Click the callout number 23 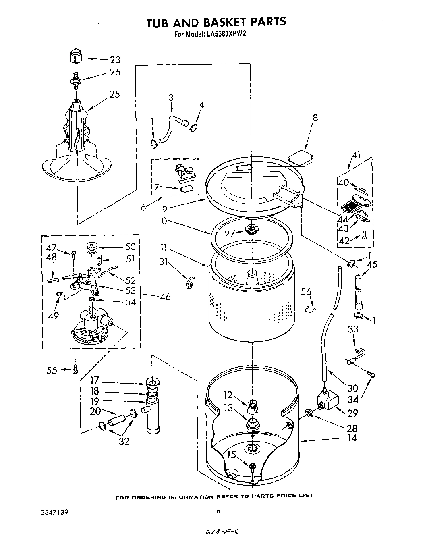pyautogui.click(x=115, y=60)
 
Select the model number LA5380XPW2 pyautogui.click(x=226, y=35)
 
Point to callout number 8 pyautogui.click(x=315, y=118)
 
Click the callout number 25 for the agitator pyautogui.click(x=115, y=94)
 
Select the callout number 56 pyautogui.click(x=307, y=292)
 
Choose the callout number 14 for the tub pyautogui.click(x=352, y=438)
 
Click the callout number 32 pyautogui.click(x=124, y=441)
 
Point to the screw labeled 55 pyautogui.click(x=75, y=369)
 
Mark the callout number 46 pyautogui.click(x=165, y=297)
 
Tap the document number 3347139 pyautogui.click(x=54, y=512)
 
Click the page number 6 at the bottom pyautogui.click(x=218, y=511)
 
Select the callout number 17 pyautogui.click(x=95, y=380)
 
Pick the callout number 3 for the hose pyautogui.click(x=171, y=97)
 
